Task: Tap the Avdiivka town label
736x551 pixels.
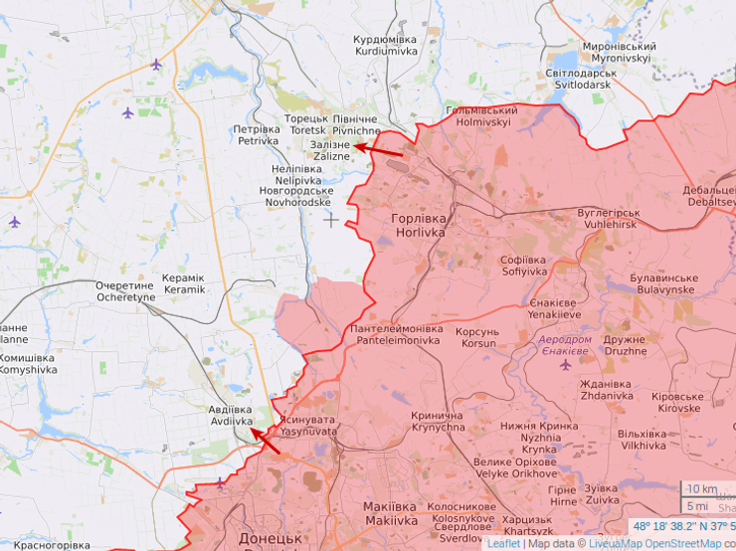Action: [x=231, y=415]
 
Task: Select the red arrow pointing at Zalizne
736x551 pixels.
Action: [x=379, y=149]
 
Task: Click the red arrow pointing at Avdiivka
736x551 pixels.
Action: [x=265, y=439]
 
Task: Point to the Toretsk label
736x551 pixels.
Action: [x=305, y=124]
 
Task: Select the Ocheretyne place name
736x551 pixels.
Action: [x=125, y=291]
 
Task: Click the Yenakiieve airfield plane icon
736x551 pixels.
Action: [x=566, y=364]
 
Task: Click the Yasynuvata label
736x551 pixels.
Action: [x=308, y=426]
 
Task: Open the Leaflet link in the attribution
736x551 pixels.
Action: [x=503, y=543]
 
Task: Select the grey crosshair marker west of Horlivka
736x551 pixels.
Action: [x=331, y=220]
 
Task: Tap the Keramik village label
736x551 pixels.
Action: [x=184, y=283]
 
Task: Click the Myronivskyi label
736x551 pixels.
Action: [x=618, y=53]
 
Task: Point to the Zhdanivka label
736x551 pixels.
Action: [x=607, y=389]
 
